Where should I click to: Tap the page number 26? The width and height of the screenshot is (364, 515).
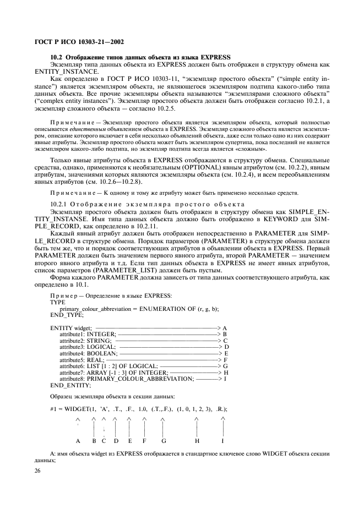pyautogui.click(x=39, y=471)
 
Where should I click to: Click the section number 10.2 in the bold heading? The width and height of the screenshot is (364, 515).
pyautogui.click(x=57, y=58)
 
